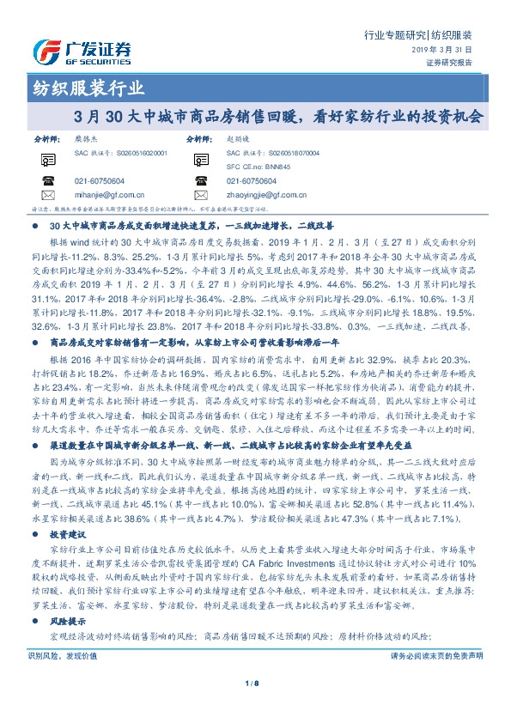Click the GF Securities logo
(82, 52)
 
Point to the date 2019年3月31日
(445, 51)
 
